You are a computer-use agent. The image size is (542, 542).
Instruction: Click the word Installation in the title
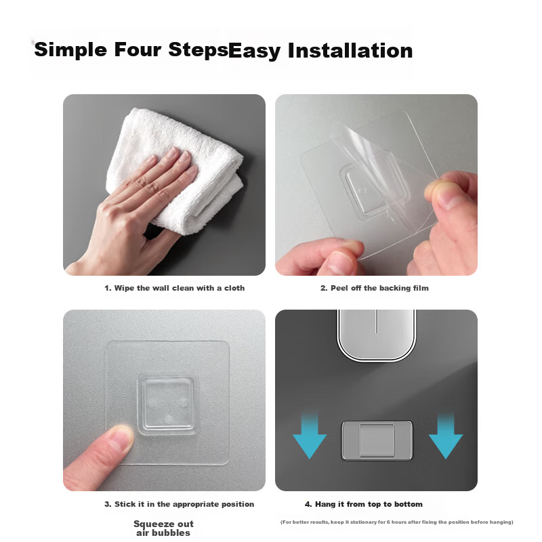[x=350, y=50]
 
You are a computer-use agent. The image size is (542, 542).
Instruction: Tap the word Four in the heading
[x=138, y=49]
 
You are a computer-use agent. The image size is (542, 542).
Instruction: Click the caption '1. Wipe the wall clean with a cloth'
[x=175, y=288]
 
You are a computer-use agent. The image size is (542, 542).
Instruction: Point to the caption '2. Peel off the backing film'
[x=375, y=288]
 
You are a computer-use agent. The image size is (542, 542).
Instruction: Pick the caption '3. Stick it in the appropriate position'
[x=179, y=504]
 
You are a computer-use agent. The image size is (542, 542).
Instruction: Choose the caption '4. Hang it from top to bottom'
[x=364, y=504]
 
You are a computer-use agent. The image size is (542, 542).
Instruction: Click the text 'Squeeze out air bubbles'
[x=163, y=528]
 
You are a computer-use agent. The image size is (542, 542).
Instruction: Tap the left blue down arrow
[x=310, y=436]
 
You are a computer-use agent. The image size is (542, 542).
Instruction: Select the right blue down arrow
[x=446, y=436]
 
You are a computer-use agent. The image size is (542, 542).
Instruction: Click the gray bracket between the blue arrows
[x=377, y=440]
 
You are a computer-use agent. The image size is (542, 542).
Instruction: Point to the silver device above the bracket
[x=377, y=335]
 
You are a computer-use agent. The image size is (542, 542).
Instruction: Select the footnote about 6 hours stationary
[x=397, y=522]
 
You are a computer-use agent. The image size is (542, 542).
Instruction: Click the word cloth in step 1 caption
[x=234, y=288]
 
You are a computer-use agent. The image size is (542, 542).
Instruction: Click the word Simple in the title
[x=70, y=50]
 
